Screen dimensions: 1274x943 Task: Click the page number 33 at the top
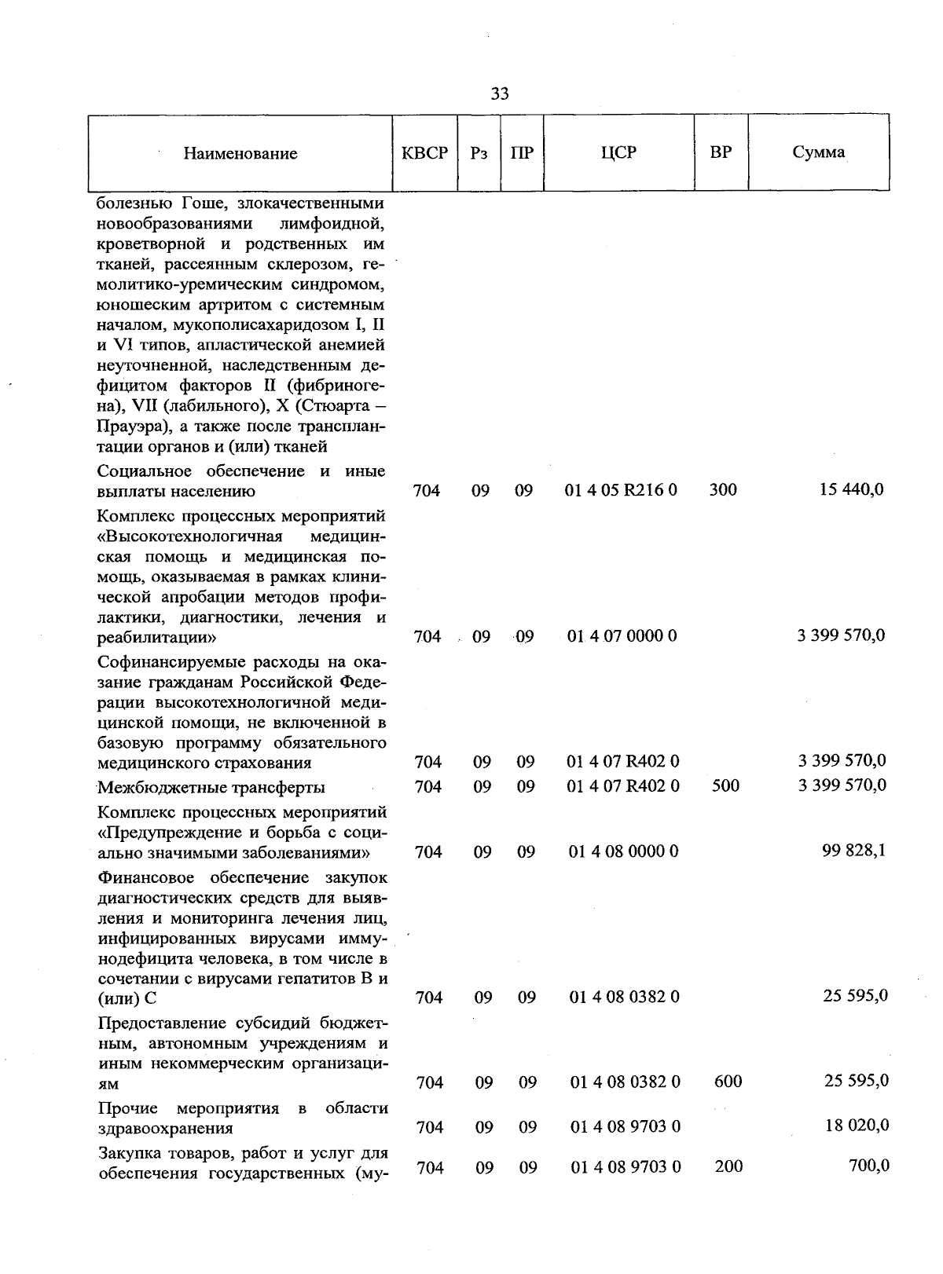500,94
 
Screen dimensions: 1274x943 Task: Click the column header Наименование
240,154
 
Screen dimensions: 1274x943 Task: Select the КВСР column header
424,153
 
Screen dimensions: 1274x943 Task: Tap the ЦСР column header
618,152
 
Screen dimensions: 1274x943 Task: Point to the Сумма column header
819,152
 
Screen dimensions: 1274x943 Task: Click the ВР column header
721,152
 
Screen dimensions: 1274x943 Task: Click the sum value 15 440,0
852,489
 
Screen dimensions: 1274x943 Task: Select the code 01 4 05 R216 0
621,490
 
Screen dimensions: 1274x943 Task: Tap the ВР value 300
723,490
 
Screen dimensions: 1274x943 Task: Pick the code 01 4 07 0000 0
622,635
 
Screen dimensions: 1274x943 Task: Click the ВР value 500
725,785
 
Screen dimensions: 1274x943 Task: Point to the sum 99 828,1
854,851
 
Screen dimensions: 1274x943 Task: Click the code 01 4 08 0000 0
622,851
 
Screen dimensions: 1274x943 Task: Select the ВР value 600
728,1082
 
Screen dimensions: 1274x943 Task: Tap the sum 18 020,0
857,1126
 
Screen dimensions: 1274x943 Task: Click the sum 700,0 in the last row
869,1166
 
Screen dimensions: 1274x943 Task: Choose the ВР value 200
728,1166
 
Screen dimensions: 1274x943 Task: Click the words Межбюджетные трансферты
211,787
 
